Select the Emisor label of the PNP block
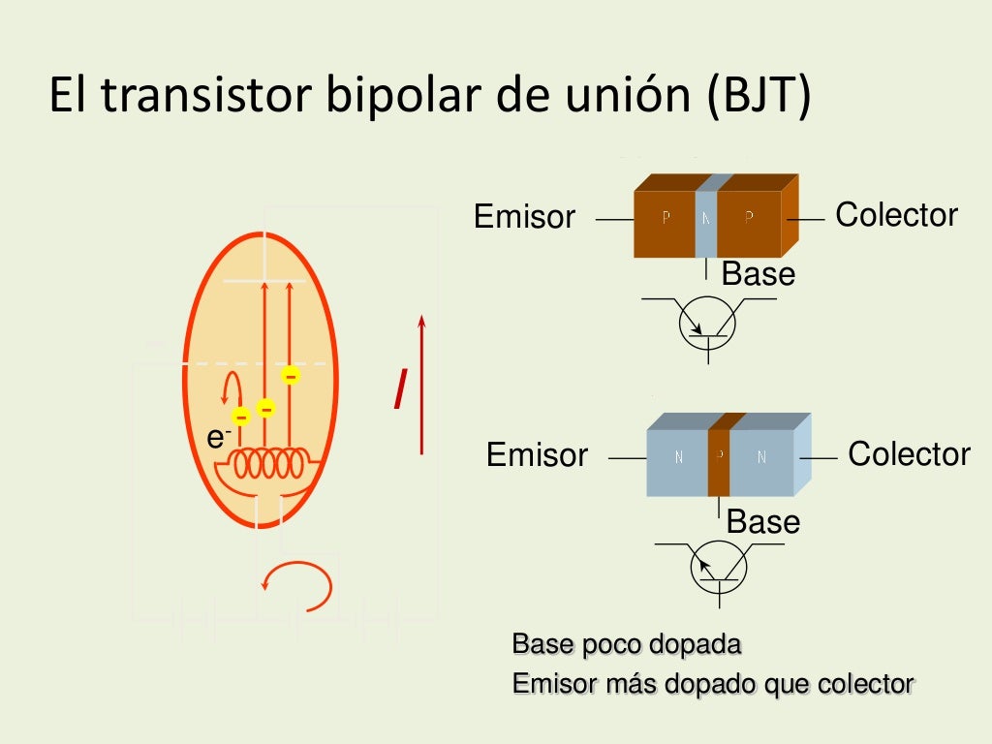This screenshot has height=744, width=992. [524, 217]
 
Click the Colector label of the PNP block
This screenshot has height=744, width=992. [896, 215]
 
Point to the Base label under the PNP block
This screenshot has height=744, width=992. [758, 274]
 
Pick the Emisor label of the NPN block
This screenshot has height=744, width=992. [537, 455]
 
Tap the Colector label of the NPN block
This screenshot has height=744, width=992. [909, 453]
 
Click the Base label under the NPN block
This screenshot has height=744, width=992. [763, 522]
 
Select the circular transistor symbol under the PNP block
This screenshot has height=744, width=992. [708, 324]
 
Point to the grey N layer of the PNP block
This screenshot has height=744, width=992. [706, 218]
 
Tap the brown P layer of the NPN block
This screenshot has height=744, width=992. [720, 455]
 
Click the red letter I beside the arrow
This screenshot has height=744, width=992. [398, 389]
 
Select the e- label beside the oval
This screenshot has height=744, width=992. [217, 438]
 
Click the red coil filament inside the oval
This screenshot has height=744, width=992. [274, 464]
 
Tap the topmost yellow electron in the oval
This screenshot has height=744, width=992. [290, 374]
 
